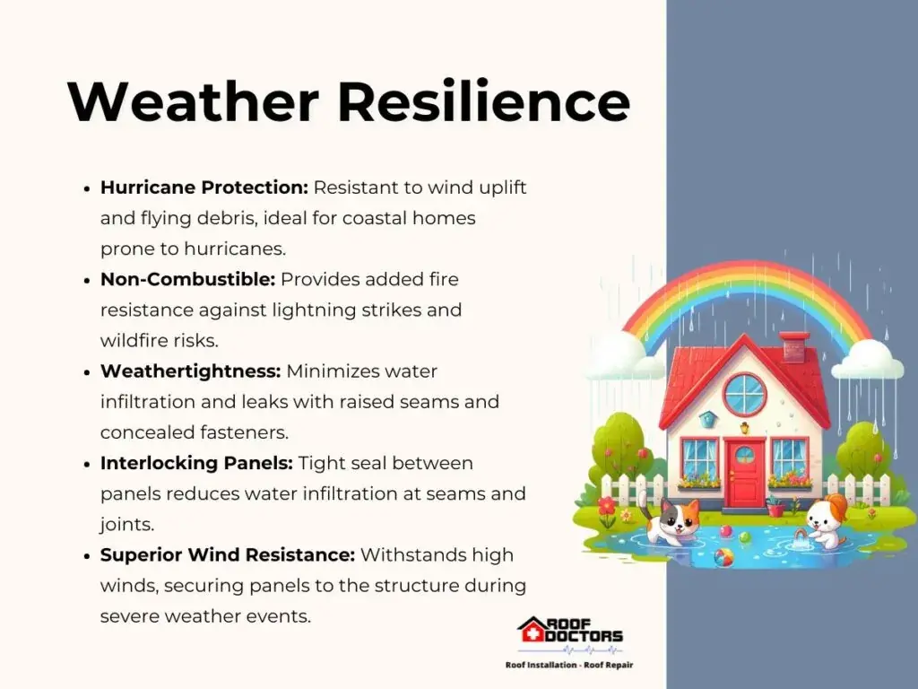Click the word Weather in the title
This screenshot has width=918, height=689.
click(x=194, y=100)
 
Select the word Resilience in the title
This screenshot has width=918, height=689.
click(x=484, y=100)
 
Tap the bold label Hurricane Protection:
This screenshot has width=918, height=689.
click(x=204, y=188)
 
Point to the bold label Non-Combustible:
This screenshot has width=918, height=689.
click(x=188, y=280)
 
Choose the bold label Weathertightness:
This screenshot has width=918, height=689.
click(x=191, y=371)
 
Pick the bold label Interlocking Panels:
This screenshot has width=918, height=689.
click(x=196, y=463)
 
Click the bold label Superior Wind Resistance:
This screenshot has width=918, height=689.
click(x=228, y=554)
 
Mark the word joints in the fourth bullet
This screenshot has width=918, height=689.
click(x=127, y=525)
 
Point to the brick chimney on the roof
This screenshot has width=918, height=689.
click(x=794, y=347)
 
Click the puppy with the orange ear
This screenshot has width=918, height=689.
click(x=825, y=519)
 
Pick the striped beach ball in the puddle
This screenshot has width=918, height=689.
click(x=723, y=556)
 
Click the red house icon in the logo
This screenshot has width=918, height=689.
click(x=531, y=631)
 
